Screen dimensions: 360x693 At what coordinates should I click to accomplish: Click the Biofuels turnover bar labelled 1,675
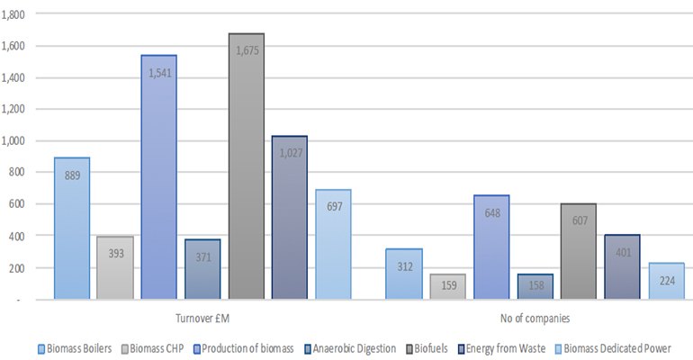[x=246, y=166]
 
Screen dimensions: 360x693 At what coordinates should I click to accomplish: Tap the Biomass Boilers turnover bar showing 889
[x=72, y=229]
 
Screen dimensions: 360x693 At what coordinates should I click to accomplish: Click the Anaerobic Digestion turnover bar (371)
[x=202, y=269]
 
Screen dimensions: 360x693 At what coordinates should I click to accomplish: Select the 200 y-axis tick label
[x=19, y=268]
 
